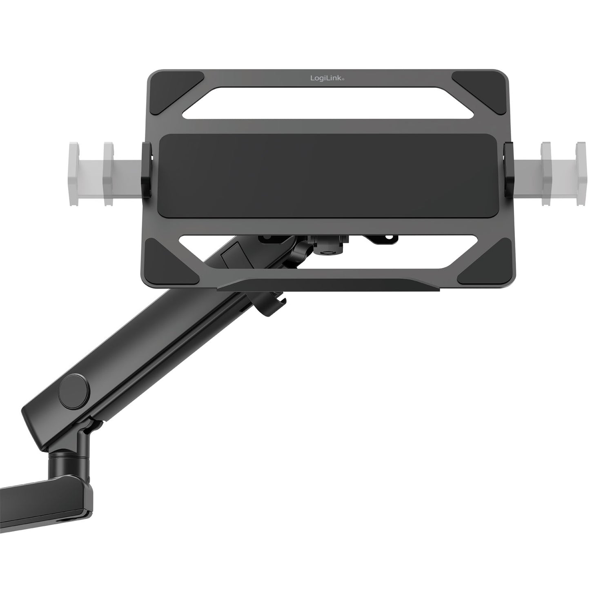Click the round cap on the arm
click(x=74, y=391)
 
